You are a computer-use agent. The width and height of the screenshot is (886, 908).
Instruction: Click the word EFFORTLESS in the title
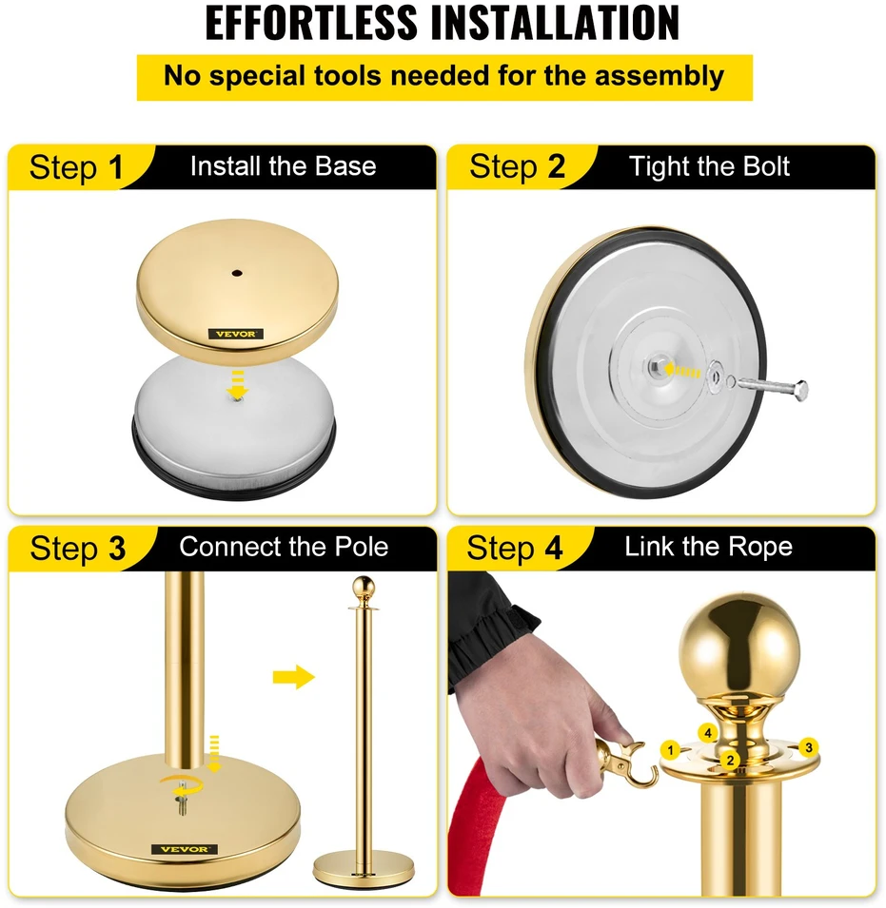click(311, 23)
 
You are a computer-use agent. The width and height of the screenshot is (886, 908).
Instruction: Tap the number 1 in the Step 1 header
click(116, 167)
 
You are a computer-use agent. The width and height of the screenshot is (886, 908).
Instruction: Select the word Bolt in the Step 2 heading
click(766, 166)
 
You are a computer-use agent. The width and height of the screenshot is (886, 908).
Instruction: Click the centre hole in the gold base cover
click(236, 273)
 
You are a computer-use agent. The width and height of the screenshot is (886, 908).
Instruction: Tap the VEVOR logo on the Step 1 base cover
click(236, 334)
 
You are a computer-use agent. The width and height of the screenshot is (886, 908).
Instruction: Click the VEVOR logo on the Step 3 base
click(185, 849)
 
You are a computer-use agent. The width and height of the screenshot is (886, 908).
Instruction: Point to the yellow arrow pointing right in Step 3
click(293, 676)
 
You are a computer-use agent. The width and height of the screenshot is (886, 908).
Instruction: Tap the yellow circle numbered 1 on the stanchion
click(670, 751)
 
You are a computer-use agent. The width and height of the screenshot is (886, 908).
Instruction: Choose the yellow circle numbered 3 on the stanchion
click(809, 747)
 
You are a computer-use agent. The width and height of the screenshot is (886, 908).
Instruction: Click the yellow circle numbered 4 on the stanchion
click(707, 733)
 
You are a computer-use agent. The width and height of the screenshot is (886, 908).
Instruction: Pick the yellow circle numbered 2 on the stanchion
click(730, 761)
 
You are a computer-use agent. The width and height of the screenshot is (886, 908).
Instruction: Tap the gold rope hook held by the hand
click(626, 765)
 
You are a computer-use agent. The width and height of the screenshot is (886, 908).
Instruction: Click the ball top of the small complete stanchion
click(364, 588)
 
